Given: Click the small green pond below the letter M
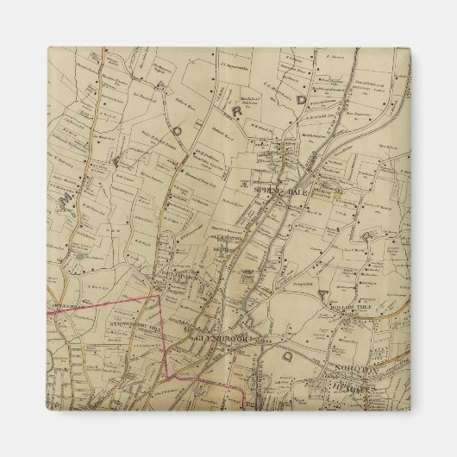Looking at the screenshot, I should click(79, 254).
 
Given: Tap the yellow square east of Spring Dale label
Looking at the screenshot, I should click(339, 191).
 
